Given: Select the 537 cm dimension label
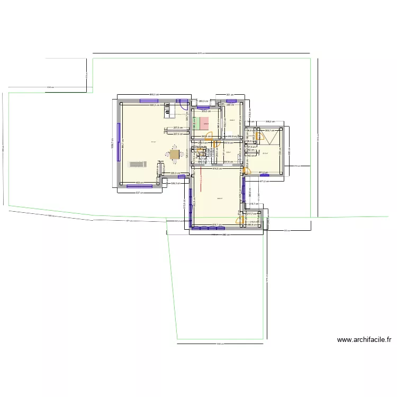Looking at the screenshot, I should click(140, 192).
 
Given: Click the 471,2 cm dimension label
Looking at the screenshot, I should click(264, 182).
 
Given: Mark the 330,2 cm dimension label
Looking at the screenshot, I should click(269, 121).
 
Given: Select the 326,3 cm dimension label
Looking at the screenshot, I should click(174, 184).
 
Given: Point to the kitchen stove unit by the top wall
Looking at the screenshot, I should click(169, 111).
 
